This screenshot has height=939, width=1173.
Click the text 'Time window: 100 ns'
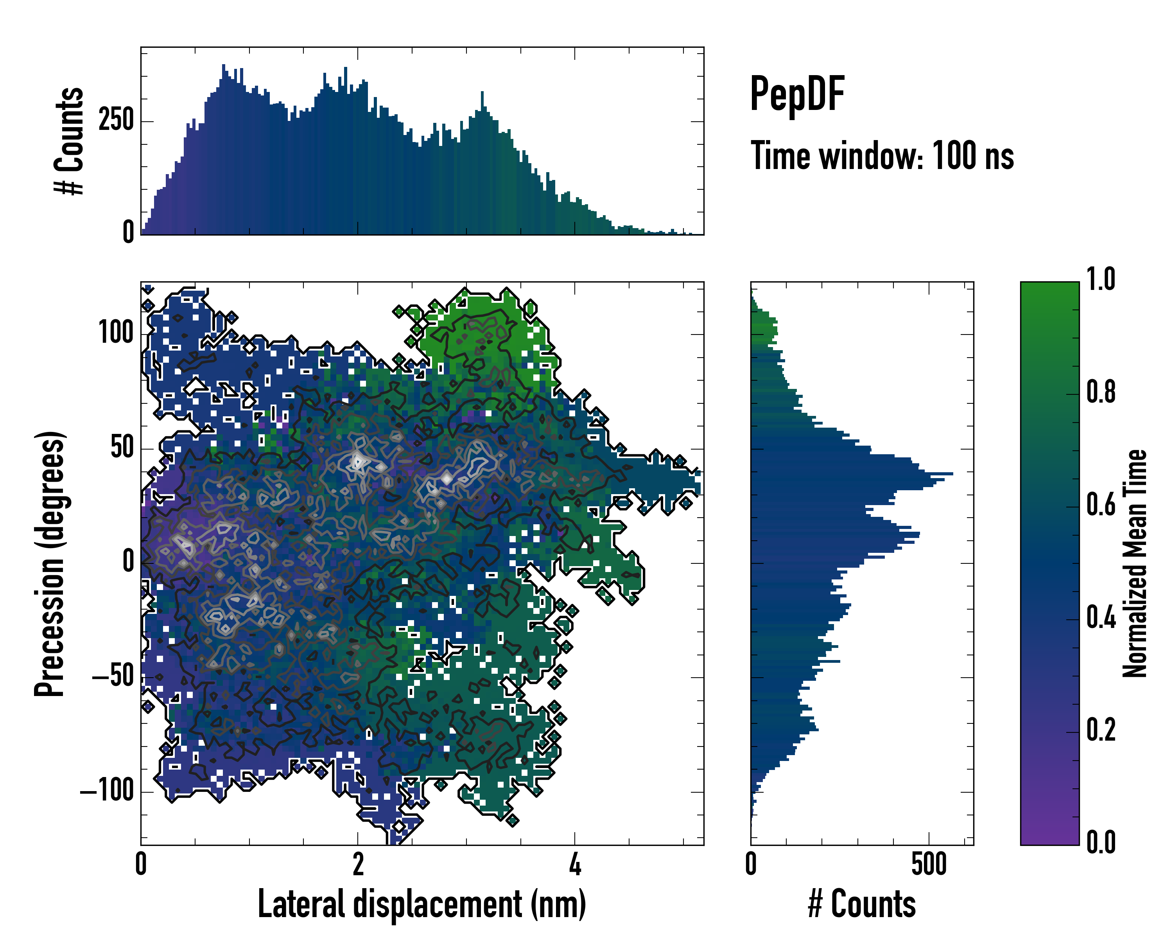point(882,156)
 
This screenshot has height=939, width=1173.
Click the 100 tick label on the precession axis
point(116,333)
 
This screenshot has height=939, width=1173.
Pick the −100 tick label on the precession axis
point(107,791)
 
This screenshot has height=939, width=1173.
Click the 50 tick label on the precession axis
point(122,448)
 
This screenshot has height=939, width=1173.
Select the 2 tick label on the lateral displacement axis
point(358,864)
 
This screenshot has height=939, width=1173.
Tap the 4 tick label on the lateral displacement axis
point(575,864)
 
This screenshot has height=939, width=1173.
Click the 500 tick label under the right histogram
point(929,864)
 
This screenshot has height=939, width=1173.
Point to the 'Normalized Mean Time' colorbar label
point(1135,563)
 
